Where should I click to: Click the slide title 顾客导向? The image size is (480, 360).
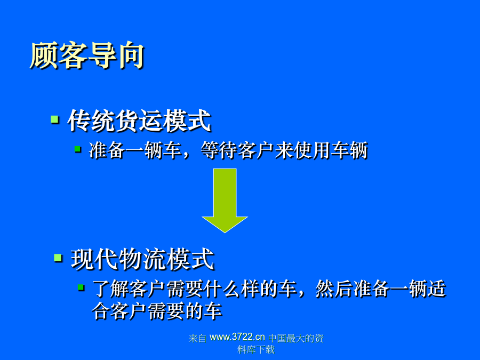(x=87, y=55)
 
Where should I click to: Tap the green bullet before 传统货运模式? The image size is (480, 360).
(x=55, y=119)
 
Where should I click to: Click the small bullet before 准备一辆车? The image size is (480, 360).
(x=78, y=149)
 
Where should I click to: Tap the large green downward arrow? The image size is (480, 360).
(x=225, y=201)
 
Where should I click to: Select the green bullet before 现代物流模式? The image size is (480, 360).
(x=58, y=258)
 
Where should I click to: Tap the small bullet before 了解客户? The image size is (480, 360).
(x=81, y=287)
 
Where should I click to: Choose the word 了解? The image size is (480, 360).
(x=111, y=289)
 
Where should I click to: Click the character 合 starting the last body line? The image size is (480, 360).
(x=101, y=311)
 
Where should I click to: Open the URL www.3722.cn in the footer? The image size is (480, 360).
(x=237, y=337)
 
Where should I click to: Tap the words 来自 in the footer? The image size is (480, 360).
(x=197, y=338)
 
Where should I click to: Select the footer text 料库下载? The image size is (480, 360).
(x=256, y=349)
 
